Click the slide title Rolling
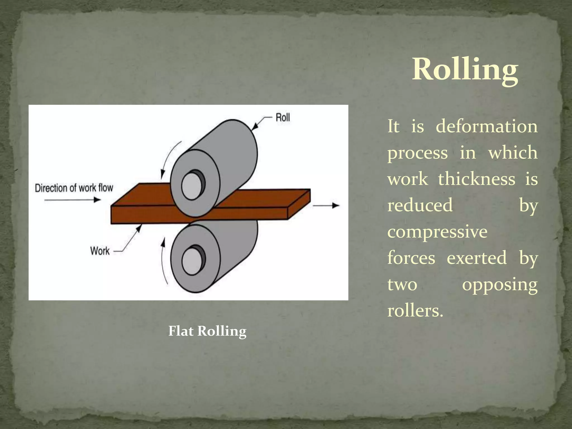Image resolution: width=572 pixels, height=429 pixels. click(465, 69)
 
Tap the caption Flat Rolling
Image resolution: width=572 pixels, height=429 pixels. click(207, 331)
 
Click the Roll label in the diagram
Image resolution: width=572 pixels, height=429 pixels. click(283, 117)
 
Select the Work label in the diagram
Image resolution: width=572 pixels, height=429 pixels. click(100, 251)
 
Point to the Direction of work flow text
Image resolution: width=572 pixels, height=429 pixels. click(74, 188)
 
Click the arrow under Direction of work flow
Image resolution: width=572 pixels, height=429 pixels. click(73, 200)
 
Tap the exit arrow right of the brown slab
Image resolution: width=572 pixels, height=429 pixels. click(326, 206)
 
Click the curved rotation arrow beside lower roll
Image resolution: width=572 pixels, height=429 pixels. click(163, 261)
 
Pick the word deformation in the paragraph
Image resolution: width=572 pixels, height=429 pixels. click(486, 126)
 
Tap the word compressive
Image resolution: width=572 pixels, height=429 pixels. click(437, 232)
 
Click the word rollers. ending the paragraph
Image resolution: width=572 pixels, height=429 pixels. click(415, 311)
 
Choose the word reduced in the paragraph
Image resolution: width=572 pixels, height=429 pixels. click(420, 205)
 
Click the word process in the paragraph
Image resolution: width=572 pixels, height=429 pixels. click(417, 153)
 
